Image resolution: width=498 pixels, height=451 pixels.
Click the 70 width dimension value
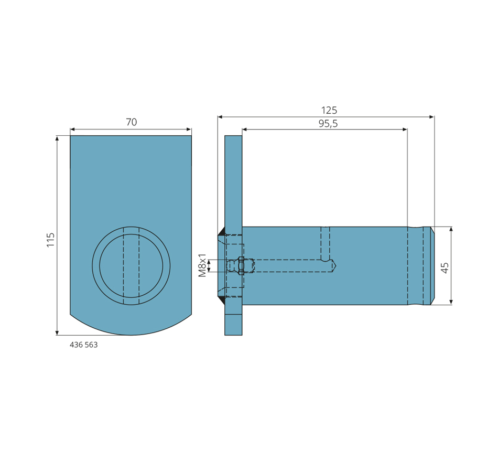(x=131, y=122)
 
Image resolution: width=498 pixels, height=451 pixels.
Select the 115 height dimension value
(x=50, y=240)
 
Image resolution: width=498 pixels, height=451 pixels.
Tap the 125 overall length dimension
(x=329, y=110)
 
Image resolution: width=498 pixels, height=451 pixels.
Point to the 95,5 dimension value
(x=328, y=123)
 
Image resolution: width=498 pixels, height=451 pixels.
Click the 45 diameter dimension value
(x=445, y=267)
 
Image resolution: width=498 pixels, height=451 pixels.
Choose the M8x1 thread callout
(x=202, y=265)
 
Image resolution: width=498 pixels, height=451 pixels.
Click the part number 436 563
(x=83, y=345)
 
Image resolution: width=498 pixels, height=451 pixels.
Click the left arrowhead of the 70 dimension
(x=72, y=130)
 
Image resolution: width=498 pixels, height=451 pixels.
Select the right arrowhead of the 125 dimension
(x=431, y=117)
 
